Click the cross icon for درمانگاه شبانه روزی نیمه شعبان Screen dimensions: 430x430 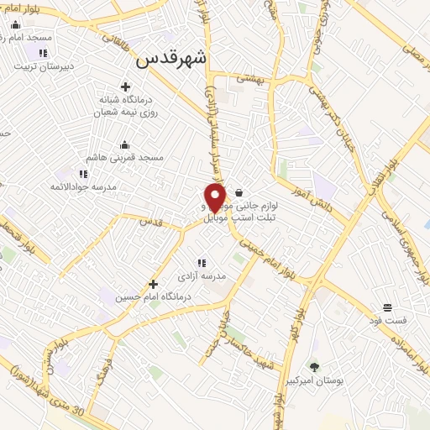[126, 87]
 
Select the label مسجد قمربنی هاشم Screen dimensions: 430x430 [125, 157]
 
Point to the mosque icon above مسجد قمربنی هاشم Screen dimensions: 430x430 [124, 144]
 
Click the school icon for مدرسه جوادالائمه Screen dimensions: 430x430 [83, 174]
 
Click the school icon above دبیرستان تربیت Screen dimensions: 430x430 [43, 53]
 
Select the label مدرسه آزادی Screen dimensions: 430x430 [202, 275]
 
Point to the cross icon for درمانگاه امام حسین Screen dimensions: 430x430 [153, 284]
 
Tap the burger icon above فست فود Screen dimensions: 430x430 [387, 307]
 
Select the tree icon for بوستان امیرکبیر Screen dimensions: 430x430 [314, 366]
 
